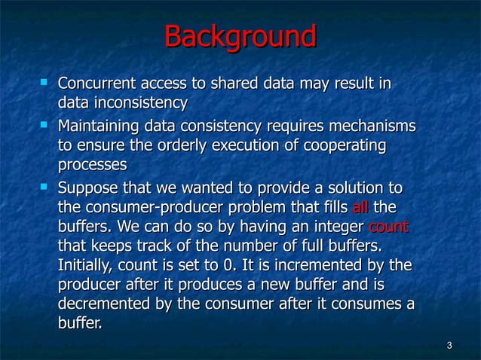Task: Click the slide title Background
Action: pos(240,37)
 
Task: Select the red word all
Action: pos(360,207)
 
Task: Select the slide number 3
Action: pos(449,346)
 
